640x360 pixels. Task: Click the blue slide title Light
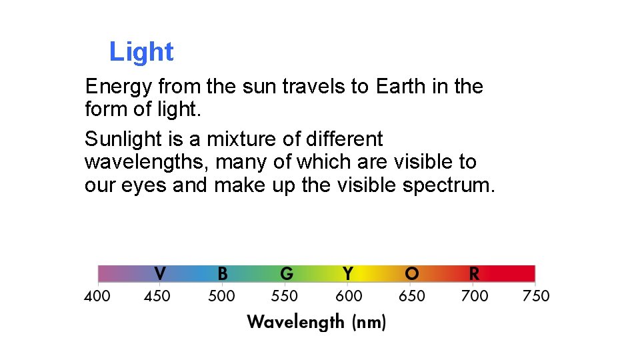pos(141,52)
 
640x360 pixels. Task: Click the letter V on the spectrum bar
pos(160,273)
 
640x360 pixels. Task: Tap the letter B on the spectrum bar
pos(223,273)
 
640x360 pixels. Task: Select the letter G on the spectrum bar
pos(286,273)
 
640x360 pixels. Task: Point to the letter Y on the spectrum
pos(347,273)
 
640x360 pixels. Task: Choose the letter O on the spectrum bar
pos(411,273)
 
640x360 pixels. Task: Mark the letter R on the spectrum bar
pos(474,273)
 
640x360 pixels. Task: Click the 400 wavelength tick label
pos(97,296)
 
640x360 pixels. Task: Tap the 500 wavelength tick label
pos(221,296)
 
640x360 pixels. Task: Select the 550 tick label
pos(284,296)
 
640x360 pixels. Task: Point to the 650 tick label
pos(411,296)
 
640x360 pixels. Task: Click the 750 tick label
pos(536,296)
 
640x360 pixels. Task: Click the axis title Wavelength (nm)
pos(317,323)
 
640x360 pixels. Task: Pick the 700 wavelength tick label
pos(474,296)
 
